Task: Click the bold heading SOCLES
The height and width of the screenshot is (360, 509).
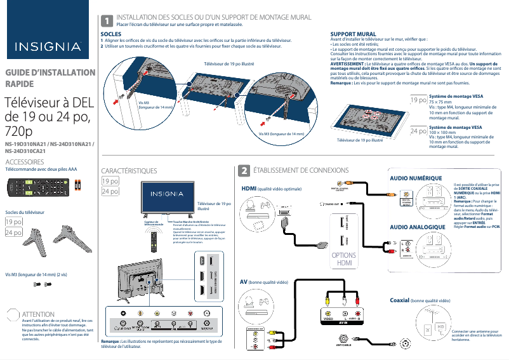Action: (112, 34)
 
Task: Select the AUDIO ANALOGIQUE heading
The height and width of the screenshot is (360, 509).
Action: (417, 227)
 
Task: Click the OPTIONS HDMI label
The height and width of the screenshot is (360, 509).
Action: (344, 259)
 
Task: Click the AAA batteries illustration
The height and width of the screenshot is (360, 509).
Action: (77, 185)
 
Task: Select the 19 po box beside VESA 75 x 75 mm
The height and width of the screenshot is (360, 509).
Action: (418, 100)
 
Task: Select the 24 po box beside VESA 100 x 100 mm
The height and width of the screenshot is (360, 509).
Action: (418, 131)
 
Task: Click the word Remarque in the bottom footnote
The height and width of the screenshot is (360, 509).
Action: (111, 342)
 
